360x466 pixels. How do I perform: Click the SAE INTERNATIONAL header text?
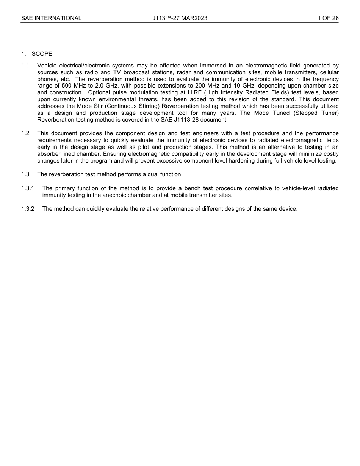[51, 18]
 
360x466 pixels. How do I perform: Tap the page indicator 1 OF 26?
[328, 18]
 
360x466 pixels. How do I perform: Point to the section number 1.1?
[25, 66]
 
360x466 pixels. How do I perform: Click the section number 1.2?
[25, 133]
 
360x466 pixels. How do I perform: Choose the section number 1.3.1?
[28, 188]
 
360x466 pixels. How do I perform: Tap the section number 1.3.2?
[28, 209]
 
